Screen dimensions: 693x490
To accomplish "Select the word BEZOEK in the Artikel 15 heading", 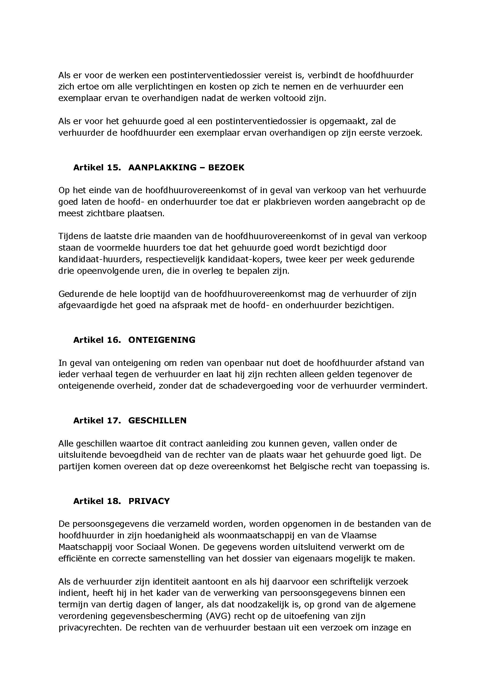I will click(226, 167).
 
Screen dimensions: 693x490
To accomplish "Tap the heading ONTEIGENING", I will click(162, 340).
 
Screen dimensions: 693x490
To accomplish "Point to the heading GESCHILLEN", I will click(157, 420).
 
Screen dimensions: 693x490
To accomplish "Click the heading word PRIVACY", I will click(149, 501).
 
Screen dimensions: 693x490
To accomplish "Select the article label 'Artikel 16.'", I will click(97, 340).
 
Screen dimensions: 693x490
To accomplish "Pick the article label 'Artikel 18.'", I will click(97, 501).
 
